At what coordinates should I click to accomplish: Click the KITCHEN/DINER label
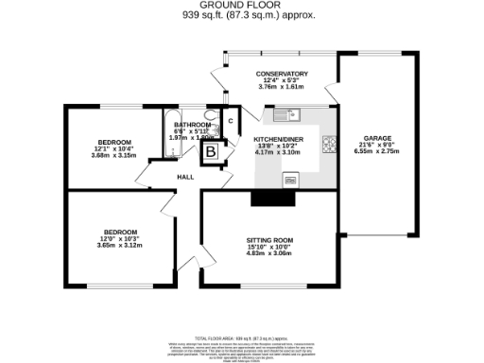[278, 138]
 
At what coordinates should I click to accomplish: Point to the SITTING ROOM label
[270, 240]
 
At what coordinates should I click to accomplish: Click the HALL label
[185, 176]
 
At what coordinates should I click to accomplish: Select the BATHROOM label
[192, 125]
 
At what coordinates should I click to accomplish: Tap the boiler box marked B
[212, 149]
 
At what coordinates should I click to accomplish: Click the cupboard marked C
[230, 121]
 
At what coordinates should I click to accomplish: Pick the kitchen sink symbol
[285, 116]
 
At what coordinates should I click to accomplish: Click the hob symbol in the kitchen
[328, 145]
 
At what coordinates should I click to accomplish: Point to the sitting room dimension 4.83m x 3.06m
[270, 253]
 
